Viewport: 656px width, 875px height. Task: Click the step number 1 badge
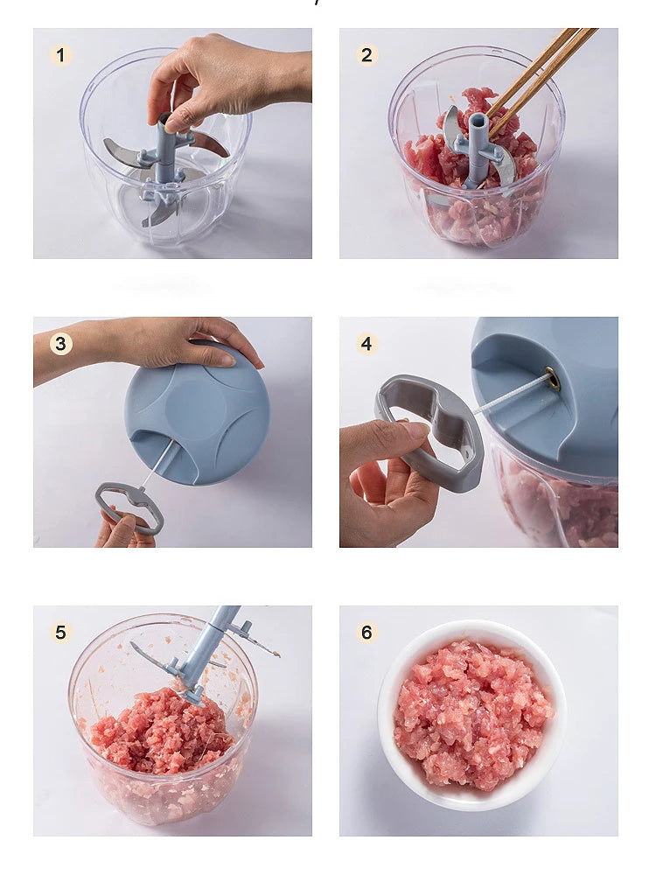pos(60,56)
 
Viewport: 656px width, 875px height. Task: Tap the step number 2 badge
pos(366,56)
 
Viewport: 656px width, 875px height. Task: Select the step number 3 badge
pos(60,344)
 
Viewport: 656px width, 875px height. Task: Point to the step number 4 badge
pos(366,344)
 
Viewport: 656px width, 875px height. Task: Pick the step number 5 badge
pos(60,633)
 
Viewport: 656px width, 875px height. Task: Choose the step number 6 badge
pos(366,633)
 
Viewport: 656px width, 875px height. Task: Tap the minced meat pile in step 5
pos(157,731)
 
